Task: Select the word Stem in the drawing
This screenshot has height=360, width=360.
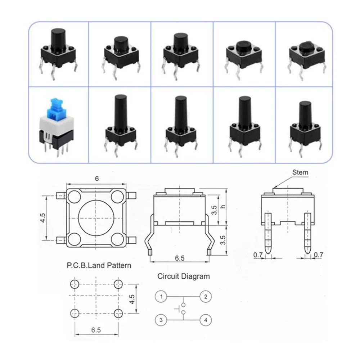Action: point(300,172)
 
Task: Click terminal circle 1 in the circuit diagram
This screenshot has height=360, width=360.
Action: point(161,297)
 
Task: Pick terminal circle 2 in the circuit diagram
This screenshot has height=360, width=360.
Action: point(206,297)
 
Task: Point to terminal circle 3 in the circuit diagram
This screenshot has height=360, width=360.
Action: point(161,319)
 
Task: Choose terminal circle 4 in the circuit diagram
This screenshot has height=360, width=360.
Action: point(206,319)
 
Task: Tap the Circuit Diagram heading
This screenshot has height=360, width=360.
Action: point(183,276)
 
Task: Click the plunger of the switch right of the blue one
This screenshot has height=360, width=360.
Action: point(120,110)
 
